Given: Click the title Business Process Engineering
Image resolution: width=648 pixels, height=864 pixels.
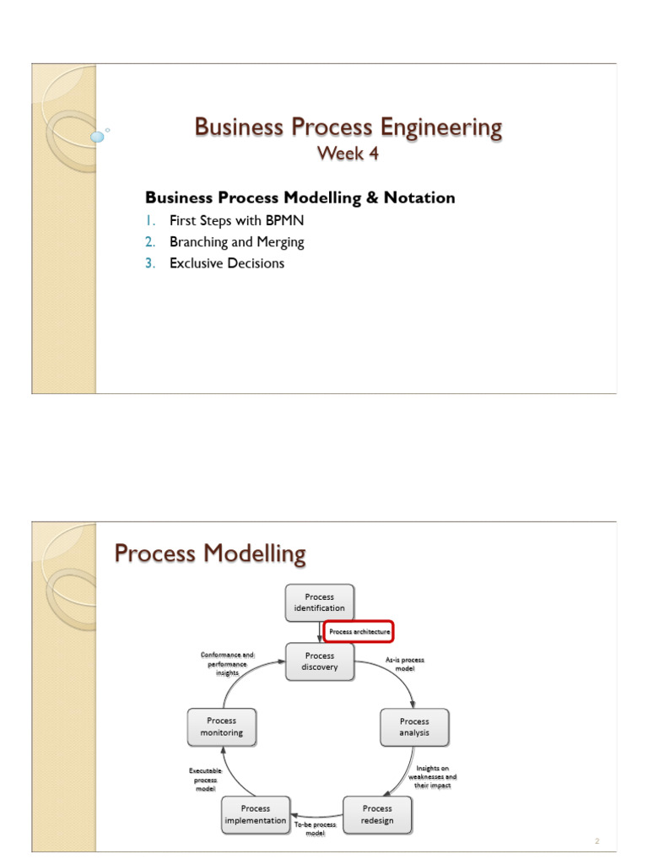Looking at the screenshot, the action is (x=348, y=127).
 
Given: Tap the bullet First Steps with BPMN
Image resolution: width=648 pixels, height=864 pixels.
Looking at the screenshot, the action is (x=236, y=221).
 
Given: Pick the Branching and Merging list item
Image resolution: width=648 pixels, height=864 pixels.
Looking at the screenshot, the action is (x=236, y=242).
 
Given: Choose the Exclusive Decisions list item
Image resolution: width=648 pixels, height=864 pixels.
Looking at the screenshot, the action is (x=226, y=263).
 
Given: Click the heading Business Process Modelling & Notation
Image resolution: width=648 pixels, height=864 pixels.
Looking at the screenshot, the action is (x=300, y=197).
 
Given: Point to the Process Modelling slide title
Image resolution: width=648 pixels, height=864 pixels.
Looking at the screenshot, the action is (x=210, y=554).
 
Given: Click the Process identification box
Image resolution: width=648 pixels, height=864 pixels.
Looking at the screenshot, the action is (x=319, y=602).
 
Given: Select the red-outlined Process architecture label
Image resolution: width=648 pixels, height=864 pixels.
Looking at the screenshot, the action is (x=359, y=631).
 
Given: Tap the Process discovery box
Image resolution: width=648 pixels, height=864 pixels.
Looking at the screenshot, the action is (x=319, y=661).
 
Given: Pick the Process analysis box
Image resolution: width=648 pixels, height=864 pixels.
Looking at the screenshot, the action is (x=414, y=727).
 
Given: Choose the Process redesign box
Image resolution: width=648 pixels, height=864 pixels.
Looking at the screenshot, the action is (x=377, y=814).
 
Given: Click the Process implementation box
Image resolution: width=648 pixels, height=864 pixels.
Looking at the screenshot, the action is (x=256, y=814).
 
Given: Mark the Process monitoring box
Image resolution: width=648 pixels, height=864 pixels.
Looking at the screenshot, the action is (x=222, y=727).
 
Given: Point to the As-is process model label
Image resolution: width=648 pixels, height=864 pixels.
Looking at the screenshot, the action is (x=405, y=663).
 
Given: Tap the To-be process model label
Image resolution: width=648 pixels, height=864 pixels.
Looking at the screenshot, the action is (x=316, y=828).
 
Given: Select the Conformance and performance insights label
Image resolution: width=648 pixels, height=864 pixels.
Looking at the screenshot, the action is (x=226, y=663).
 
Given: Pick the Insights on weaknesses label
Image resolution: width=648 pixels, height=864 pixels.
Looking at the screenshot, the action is (x=434, y=777).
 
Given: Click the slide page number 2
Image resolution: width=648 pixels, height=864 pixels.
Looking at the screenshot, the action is (x=597, y=841).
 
